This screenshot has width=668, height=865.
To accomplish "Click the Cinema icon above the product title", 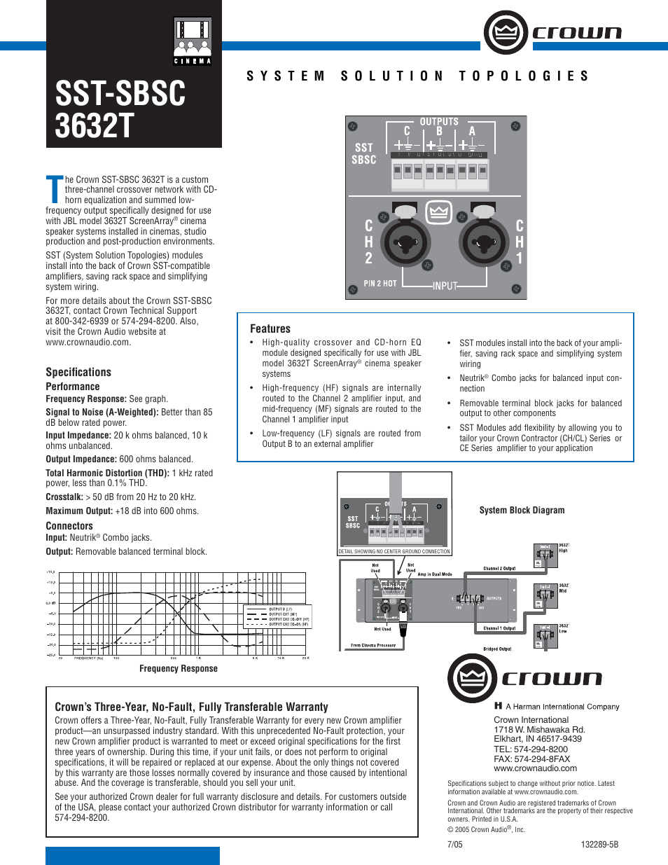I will (192, 41).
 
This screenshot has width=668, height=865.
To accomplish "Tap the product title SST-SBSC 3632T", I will (120, 110).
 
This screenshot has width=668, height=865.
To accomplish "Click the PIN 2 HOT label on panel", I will (380, 284).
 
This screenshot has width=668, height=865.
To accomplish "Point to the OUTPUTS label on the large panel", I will (439, 122).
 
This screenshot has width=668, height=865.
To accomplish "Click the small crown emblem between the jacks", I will (438, 212).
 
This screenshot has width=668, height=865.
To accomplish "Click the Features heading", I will (270, 328).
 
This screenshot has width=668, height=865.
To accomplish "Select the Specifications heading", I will (78, 372).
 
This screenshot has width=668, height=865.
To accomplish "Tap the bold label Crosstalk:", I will (64, 497).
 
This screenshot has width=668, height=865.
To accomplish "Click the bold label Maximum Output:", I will (79, 511).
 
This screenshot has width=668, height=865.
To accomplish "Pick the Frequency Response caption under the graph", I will (179, 668).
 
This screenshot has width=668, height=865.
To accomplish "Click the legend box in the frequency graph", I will (277, 616).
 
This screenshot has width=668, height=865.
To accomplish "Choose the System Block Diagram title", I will (522, 510).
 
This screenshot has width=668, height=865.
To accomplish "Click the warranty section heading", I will (191, 707).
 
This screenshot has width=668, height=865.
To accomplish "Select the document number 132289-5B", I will (599, 844).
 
